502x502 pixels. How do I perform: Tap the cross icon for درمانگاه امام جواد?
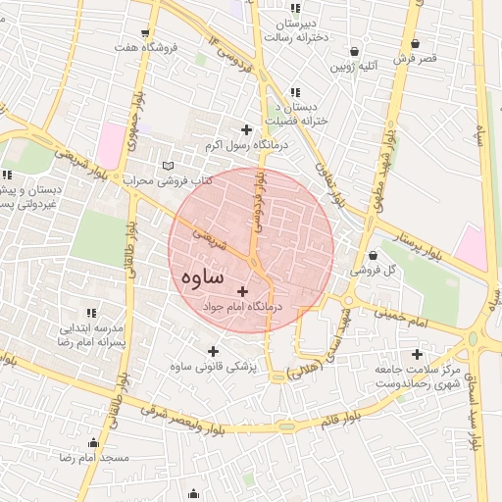pyautogui.click(x=243, y=290)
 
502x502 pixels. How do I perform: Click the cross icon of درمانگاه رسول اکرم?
pyautogui.click(x=246, y=129)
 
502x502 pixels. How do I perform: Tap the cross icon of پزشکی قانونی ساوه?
pyautogui.click(x=213, y=351)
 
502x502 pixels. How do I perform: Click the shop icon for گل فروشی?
pyautogui.click(x=373, y=256)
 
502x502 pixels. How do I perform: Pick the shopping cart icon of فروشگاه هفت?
pyautogui.click(x=146, y=32)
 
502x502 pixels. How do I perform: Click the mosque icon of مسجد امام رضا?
pyautogui.click(x=93, y=442)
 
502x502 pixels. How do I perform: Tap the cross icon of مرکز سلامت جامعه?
pyautogui.click(x=418, y=354)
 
